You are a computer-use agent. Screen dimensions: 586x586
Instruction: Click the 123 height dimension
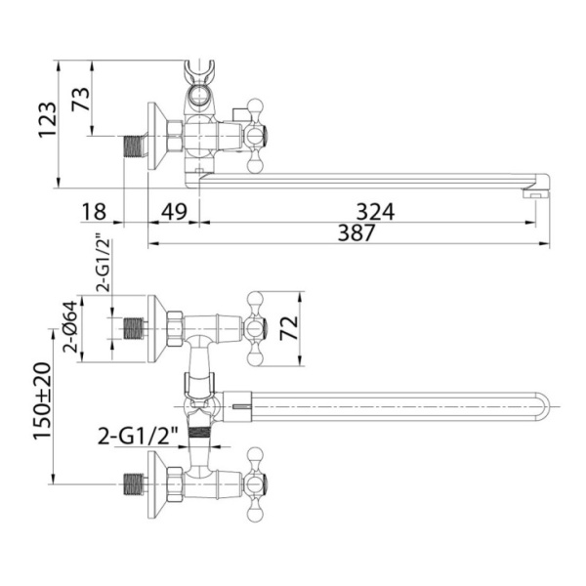[x=48, y=120]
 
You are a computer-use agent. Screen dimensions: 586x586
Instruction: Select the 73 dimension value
[x=81, y=99]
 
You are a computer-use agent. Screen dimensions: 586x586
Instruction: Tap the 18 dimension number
[x=94, y=212]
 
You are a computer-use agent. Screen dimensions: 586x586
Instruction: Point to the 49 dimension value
[x=174, y=212]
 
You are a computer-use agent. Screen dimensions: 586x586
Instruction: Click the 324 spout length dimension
[x=375, y=212]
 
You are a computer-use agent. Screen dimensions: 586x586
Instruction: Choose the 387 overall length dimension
[x=356, y=232]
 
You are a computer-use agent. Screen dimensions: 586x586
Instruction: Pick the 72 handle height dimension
[x=289, y=328]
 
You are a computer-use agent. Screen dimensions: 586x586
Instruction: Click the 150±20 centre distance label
[x=42, y=401]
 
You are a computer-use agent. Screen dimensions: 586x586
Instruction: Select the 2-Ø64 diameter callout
[x=70, y=326]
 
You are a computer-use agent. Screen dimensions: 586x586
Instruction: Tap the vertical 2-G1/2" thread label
[x=104, y=263]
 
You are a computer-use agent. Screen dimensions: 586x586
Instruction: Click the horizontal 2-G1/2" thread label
[x=138, y=437]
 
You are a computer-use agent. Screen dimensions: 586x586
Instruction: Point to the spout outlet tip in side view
[x=536, y=194]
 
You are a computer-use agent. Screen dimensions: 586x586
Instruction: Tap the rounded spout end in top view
[x=544, y=406]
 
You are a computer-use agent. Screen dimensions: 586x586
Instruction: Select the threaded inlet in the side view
[x=134, y=146]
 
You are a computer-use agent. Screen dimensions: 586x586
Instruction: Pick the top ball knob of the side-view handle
[x=256, y=105]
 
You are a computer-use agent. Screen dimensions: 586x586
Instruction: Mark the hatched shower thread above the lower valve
[x=200, y=433]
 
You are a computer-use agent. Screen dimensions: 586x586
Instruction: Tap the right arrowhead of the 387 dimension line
[x=545, y=244]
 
